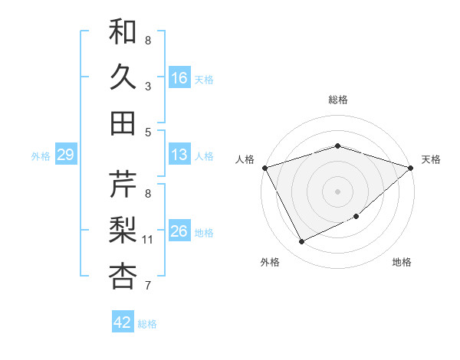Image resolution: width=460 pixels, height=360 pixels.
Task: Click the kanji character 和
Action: coord(123,31)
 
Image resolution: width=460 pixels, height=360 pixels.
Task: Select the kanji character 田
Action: coord(123,123)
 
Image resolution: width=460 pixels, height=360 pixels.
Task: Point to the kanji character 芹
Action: coord(123,185)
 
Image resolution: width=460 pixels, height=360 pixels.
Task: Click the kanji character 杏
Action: coord(123,276)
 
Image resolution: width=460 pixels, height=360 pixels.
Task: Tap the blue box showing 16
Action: coord(179,77)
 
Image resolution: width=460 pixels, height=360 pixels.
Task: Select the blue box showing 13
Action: coord(179,155)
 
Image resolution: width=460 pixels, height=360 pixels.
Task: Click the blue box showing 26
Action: coord(179,231)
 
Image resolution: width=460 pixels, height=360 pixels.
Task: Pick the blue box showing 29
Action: coord(65,155)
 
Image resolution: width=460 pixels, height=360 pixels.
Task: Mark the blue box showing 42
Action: coord(123,322)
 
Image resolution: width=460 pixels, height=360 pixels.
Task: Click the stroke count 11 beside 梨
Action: coord(148,240)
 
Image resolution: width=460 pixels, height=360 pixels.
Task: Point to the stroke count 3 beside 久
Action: coord(148,87)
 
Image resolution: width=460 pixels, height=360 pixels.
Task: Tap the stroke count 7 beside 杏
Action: coord(148,286)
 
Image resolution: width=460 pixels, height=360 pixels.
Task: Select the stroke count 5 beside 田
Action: coord(148,133)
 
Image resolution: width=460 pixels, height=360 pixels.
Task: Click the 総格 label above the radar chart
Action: coord(338,100)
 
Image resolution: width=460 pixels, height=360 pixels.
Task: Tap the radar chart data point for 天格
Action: coord(411,168)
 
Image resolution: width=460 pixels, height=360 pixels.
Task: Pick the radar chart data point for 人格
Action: coord(264,168)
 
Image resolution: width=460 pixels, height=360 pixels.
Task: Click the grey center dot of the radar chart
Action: coord(338,191)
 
